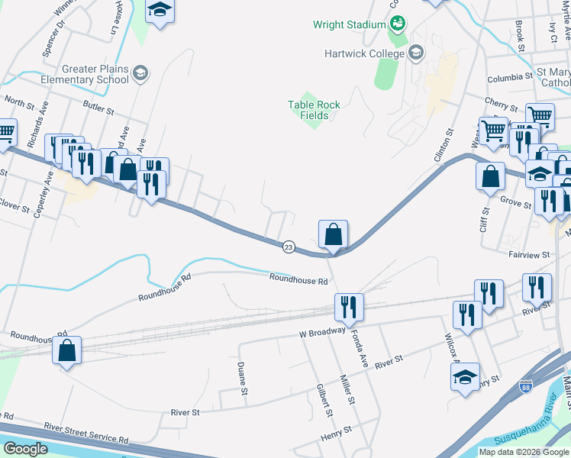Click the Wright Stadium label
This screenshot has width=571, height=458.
tap(350, 24)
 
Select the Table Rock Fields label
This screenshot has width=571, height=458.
tap(314, 110)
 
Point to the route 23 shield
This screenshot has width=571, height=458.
tap(289, 247)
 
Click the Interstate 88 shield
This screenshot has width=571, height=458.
tap(525, 387)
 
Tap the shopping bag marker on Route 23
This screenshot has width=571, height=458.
tap(333, 234)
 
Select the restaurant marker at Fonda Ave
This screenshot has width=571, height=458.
tap(348, 307)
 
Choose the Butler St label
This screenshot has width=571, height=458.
tap(98, 111)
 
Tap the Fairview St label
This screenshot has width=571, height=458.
tap(529, 254)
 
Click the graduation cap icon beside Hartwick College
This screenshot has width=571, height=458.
tap(416, 53)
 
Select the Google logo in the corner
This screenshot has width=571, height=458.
tap(25, 449)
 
